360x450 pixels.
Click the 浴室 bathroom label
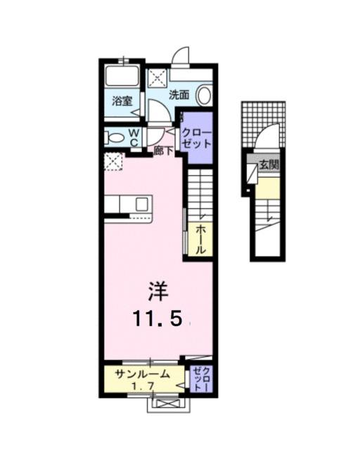[123, 101]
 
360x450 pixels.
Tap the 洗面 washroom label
[179, 94]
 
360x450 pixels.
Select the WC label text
[134, 136]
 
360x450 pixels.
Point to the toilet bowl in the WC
[115, 136]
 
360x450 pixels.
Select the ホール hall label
[200, 240]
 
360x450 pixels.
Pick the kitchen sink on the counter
[141, 205]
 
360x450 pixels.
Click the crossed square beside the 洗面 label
[156, 77]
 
